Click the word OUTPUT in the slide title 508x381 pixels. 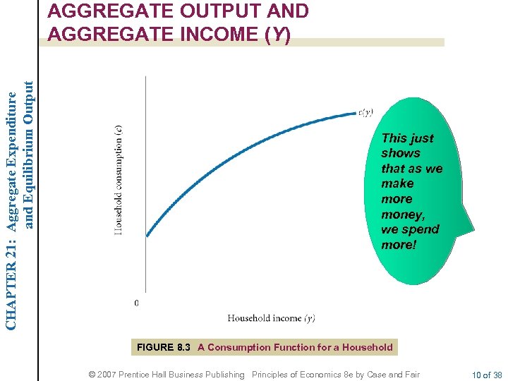click(x=201, y=11)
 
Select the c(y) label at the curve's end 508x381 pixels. click(x=365, y=112)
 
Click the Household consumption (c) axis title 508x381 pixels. click(x=119, y=181)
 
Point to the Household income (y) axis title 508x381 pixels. click(x=271, y=318)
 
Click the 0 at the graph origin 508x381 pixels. click(x=136, y=303)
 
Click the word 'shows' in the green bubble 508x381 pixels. click(x=401, y=153)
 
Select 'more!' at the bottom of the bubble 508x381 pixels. click(x=399, y=245)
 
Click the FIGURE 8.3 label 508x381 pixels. click(x=164, y=347)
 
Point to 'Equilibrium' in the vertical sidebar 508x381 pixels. click(x=29, y=190)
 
